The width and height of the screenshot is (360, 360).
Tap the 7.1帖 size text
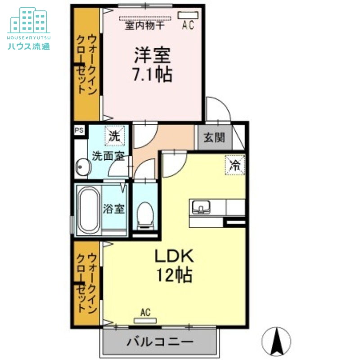(x=152, y=74)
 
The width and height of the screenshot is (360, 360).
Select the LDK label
(x=174, y=256)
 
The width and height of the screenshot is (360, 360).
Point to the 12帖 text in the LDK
(x=174, y=274)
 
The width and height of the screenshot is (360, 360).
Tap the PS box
(x=79, y=130)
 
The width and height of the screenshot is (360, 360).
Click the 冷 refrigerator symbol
(x=235, y=165)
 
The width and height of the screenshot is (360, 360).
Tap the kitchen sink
(x=201, y=207)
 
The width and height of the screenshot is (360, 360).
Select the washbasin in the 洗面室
(x=82, y=168)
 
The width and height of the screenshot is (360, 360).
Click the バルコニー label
(x=160, y=342)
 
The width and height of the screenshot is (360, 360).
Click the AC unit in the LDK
(x=145, y=320)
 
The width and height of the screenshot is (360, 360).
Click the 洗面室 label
(x=108, y=156)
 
